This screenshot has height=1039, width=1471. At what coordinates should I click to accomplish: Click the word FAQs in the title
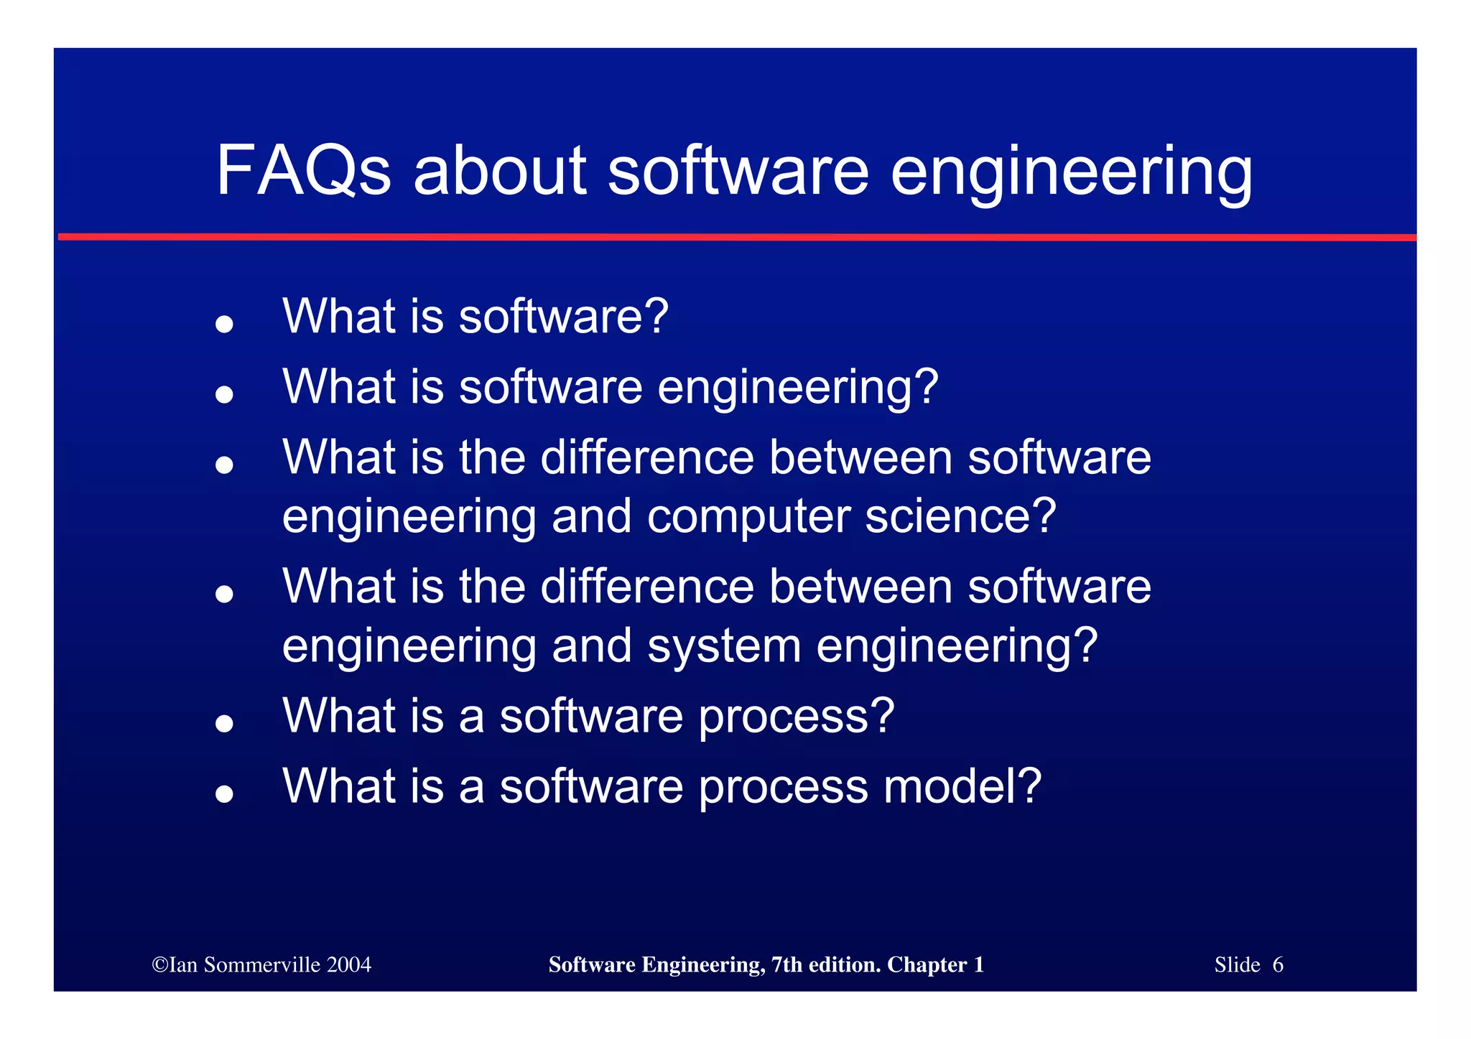pos(303,171)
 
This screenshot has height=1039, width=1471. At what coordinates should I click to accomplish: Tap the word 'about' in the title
pos(500,171)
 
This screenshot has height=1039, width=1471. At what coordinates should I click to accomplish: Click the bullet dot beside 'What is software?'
pos(225,324)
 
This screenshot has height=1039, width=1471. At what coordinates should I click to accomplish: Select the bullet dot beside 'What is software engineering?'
pos(225,394)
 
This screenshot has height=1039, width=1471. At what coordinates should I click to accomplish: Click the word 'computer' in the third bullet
pos(748,517)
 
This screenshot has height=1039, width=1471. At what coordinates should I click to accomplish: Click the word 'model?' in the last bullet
pos(962,786)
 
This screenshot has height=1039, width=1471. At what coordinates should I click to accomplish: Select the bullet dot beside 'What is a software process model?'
pos(225,793)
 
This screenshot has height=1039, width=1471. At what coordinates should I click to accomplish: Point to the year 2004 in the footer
pos(349,965)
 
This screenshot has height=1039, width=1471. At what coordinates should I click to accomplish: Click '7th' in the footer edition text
pos(787,965)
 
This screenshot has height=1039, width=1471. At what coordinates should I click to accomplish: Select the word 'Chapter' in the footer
pos(927,965)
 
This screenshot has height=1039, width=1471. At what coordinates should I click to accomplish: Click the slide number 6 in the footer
pos(1278,965)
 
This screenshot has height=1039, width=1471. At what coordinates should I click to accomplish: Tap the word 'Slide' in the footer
pos(1237,965)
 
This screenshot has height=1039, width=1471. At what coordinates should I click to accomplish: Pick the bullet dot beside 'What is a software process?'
pos(225,723)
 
